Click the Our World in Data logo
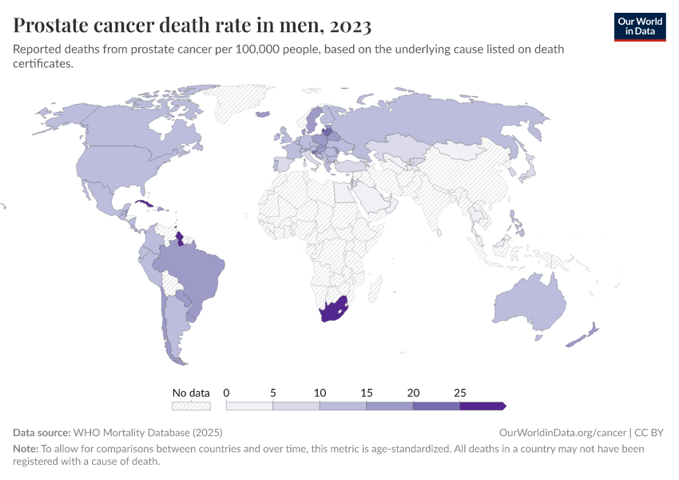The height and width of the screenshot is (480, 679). [639, 26]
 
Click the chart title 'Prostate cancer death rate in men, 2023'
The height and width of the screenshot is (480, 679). [192, 26]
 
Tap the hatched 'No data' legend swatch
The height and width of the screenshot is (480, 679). [191, 406]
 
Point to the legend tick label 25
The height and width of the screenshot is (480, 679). [460, 393]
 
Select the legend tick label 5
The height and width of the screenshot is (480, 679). [273, 393]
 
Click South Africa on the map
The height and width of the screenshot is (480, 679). [334, 311]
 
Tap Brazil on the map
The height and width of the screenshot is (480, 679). [192, 268]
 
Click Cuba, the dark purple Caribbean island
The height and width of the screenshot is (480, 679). [146, 205]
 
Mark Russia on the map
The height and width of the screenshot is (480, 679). [447, 120]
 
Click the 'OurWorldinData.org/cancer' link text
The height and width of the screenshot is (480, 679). [550, 432]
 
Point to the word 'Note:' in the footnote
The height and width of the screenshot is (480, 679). [26, 449]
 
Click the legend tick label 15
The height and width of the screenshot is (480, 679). [367, 393]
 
